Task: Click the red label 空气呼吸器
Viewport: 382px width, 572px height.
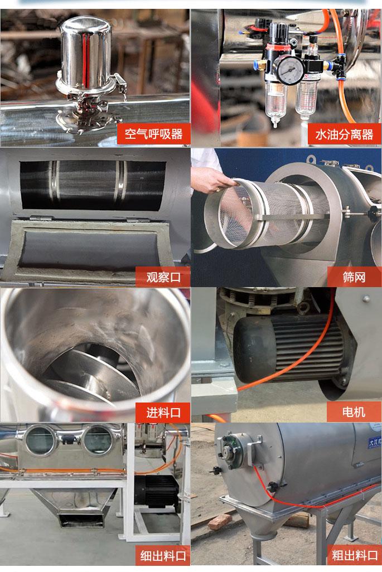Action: coord(153,134)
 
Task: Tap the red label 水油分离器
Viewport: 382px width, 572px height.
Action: coord(344,134)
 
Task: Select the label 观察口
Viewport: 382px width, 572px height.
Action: coord(163,277)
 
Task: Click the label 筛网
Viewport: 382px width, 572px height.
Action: coord(354,277)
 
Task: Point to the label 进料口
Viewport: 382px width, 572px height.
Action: coord(163,413)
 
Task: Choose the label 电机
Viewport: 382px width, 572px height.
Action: coord(354,412)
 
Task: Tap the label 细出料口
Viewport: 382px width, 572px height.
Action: coord(163,556)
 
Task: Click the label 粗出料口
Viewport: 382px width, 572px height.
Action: coord(354,555)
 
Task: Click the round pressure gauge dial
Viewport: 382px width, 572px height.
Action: coord(289,70)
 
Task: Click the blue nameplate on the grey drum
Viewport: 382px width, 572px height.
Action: coord(375,442)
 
